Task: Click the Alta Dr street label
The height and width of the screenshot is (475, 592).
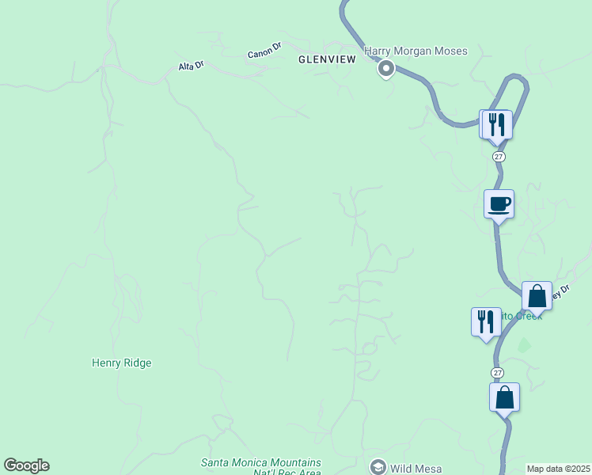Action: [x=191, y=66]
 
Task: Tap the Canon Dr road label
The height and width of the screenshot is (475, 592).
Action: [x=264, y=51]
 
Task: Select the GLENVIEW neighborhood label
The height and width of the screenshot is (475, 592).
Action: [x=327, y=59]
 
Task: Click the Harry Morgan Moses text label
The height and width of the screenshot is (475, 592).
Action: [x=416, y=51]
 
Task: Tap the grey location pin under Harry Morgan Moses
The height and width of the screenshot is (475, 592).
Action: [x=386, y=70]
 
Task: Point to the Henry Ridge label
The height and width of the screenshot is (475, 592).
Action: [x=121, y=363]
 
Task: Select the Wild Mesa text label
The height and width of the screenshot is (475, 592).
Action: [x=416, y=468]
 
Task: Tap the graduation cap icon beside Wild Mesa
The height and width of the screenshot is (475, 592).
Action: [x=378, y=467]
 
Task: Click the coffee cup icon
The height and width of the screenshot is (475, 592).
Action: [x=499, y=204]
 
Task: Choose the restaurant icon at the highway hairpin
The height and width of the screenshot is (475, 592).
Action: [x=496, y=124]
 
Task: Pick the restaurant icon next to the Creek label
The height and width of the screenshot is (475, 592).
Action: [x=486, y=321]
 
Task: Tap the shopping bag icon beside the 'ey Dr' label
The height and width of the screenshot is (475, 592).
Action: [x=537, y=297]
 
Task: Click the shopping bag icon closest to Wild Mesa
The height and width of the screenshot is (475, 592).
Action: [x=504, y=397]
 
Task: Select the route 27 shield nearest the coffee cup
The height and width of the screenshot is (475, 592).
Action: [x=498, y=157]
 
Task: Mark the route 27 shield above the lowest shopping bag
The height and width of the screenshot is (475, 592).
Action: [x=496, y=372]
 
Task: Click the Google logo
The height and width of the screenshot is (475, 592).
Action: [x=26, y=465]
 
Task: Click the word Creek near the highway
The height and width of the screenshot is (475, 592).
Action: [x=527, y=316]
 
